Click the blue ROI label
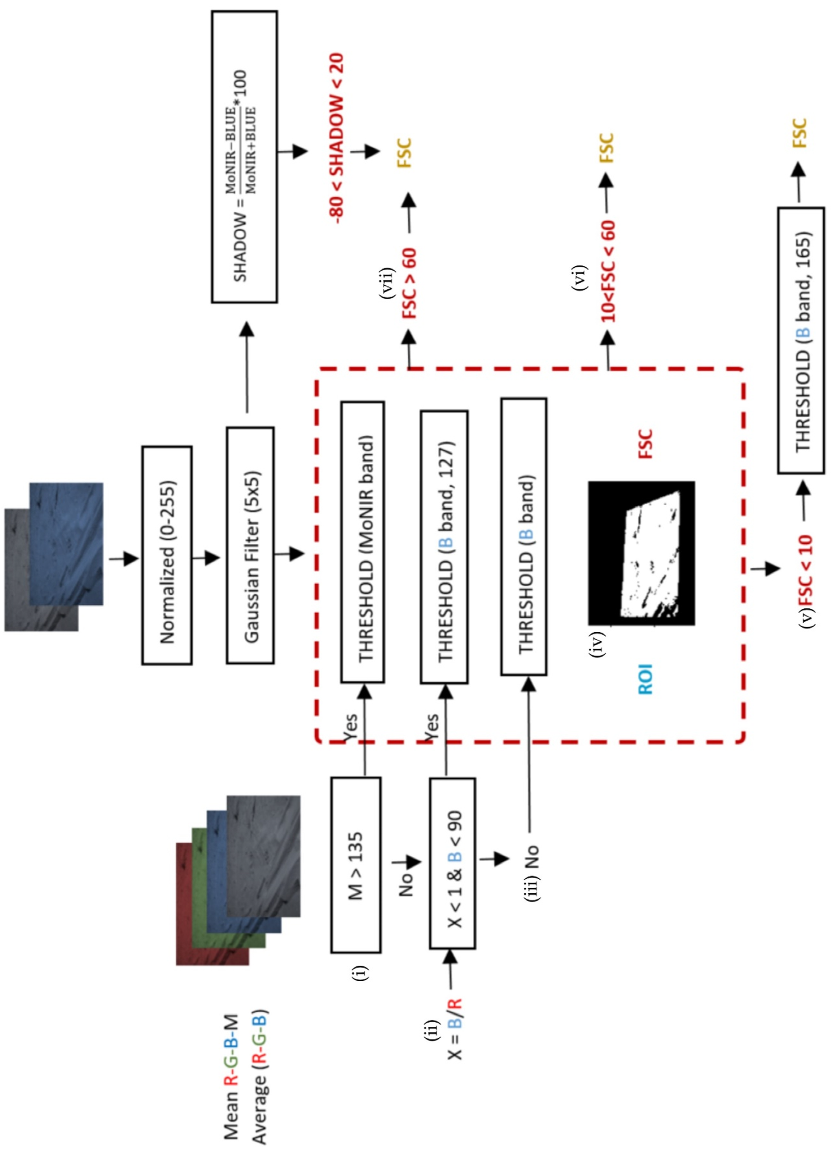tap(645, 679)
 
